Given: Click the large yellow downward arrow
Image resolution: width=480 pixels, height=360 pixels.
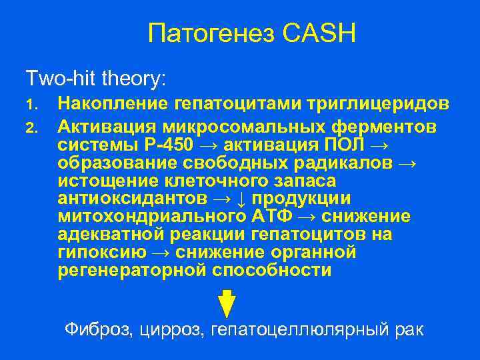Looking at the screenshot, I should coord(227,303).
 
